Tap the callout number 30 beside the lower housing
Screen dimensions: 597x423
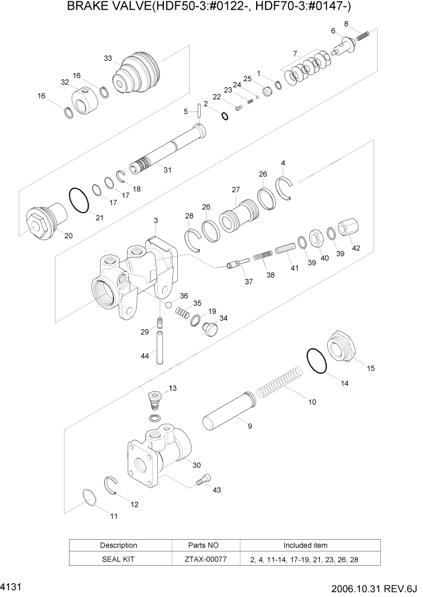[196, 464]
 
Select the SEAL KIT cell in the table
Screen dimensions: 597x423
[118, 559]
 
